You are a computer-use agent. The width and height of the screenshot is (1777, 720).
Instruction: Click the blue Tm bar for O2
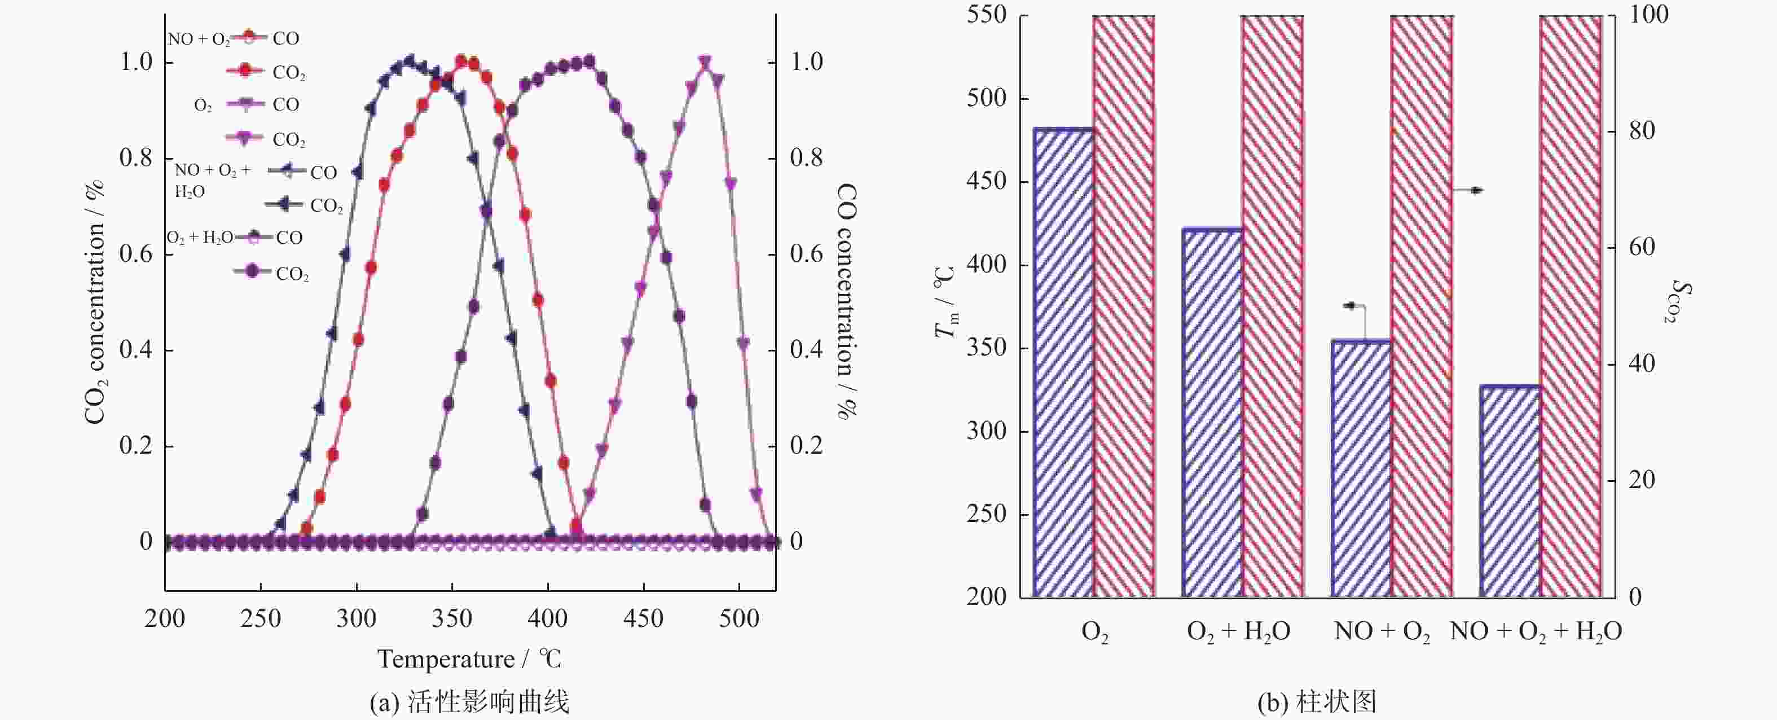(1062, 362)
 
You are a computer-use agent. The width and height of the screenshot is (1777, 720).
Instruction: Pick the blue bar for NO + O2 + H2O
(1510, 491)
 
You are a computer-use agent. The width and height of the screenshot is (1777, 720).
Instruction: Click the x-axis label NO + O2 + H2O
(1536, 631)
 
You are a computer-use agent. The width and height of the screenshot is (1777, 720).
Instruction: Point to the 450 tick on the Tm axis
(987, 182)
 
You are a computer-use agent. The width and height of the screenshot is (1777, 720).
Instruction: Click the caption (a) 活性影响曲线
(469, 702)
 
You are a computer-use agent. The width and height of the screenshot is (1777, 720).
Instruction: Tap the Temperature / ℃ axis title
(469, 659)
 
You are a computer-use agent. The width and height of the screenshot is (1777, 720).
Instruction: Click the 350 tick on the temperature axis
(452, 618)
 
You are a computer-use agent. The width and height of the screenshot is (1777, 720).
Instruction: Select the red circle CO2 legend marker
(244, 71)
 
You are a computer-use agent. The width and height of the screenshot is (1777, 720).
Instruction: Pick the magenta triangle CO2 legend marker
(244, 138)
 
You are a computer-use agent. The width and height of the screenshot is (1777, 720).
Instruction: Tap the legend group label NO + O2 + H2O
(213, 179)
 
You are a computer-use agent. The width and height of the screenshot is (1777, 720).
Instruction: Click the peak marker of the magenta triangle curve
(705, 63)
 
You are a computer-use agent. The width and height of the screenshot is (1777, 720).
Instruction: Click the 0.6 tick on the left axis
(136, 254)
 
